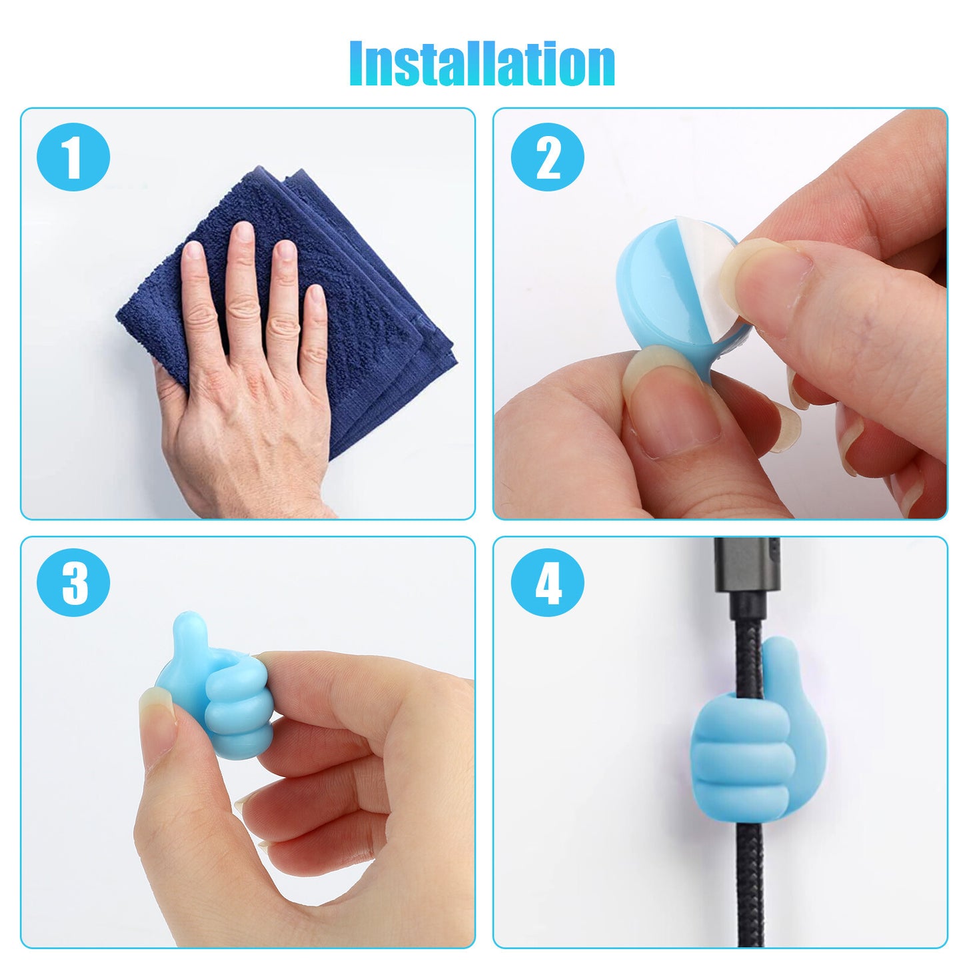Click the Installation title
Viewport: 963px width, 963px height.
[482, 64]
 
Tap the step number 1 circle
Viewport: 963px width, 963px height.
[73, 157]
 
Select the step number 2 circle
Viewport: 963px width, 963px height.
[547, 157]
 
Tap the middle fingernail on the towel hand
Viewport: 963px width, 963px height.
[245, 233]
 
